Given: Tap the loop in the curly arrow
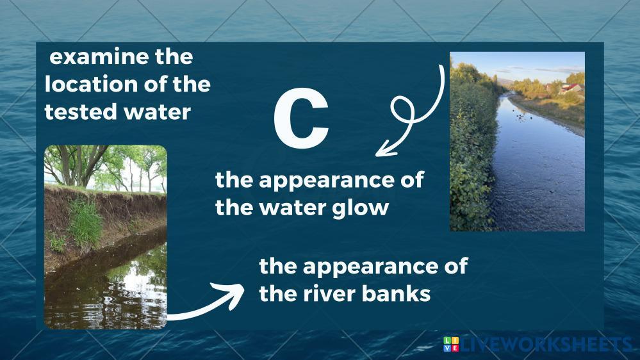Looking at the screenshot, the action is [403, 110].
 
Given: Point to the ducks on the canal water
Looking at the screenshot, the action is [523, 117].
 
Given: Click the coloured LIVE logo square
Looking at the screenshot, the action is [451, 344].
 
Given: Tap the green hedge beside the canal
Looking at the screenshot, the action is [472, 151].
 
